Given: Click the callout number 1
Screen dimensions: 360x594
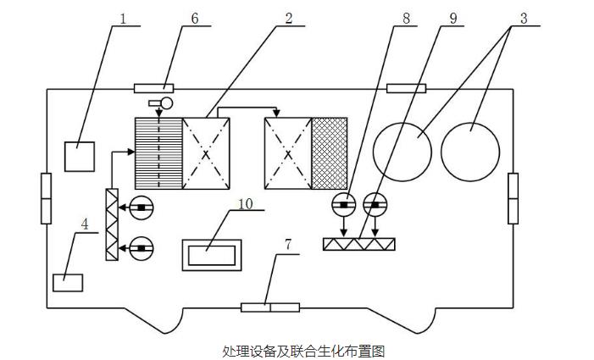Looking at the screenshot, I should click(x=125, y=17).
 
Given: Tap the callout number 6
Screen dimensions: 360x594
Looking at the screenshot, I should click(x=195, y=17).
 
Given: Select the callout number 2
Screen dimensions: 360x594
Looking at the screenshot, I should click(x=290, y=17).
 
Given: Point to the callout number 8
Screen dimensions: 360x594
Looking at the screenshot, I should click(x=412, y=17).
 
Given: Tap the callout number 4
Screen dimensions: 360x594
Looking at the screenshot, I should click(x=85, y=224).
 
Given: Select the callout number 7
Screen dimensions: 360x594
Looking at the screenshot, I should click(x=288, y=244).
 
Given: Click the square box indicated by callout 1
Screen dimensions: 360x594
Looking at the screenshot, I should click(x=80, y=157).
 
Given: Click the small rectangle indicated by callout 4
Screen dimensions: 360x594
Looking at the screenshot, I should click(x=68, y=282).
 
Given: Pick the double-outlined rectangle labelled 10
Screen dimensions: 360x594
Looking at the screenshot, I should click(x=212, y=255).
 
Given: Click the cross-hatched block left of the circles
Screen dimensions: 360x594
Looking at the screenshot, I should click(x=330, y=152).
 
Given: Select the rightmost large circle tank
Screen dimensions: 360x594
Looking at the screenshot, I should click(x=471, y=151).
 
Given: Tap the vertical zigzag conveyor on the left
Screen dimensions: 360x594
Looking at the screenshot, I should click(x=111, y=224).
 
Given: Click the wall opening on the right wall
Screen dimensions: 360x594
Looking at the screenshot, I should click(x=513, y=197).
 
